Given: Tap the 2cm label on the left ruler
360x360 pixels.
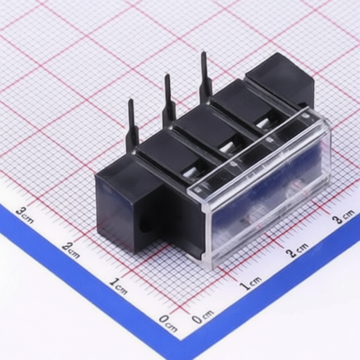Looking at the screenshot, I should coord(70,250).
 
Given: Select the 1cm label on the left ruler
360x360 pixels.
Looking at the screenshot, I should coord(118,285).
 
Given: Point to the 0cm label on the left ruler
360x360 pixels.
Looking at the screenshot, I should coord(167,322).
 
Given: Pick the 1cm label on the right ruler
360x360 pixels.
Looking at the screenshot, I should coord(250,283).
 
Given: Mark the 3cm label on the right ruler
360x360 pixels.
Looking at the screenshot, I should coord(343,217).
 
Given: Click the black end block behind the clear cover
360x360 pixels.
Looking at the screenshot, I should coord(281,77).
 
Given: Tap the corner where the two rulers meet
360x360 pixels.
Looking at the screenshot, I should coord(184,335).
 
